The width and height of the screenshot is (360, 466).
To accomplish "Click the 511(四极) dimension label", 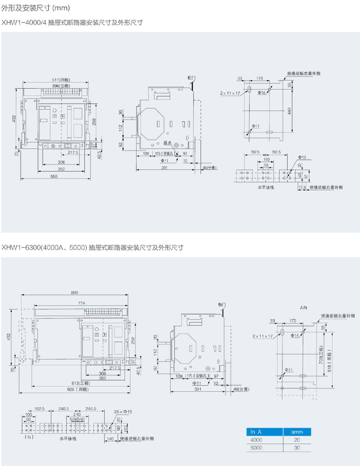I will click(61, 80).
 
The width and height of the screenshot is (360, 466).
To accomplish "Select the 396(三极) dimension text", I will click(61, 86).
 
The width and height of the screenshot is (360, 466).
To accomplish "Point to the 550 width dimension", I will click(54, 176).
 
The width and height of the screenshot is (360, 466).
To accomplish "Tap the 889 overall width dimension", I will click(75, 292).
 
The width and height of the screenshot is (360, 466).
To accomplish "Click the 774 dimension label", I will click(82, 303).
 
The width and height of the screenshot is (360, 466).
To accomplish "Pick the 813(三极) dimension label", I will click(81, 383).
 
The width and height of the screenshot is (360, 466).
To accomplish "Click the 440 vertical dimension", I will click(289, 111).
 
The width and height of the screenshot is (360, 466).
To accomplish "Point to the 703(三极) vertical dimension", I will click(321, 355).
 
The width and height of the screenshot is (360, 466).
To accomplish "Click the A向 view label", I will click(303, 308).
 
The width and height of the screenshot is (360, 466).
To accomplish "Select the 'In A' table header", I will click(256, 432).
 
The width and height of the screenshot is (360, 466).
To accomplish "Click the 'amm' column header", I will click(297, 432).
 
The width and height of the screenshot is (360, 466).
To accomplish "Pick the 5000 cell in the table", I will click(256, 448).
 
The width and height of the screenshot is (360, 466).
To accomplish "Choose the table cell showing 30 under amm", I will click(297, 448).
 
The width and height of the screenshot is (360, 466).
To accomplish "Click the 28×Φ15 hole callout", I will click(123, 412).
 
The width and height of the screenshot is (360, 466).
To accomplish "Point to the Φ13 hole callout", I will click(302, 157).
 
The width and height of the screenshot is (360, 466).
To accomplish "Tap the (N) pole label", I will click(29, 437).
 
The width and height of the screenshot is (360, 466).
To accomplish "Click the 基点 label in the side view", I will click(167, 143).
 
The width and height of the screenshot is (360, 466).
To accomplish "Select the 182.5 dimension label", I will click(39, 409).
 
